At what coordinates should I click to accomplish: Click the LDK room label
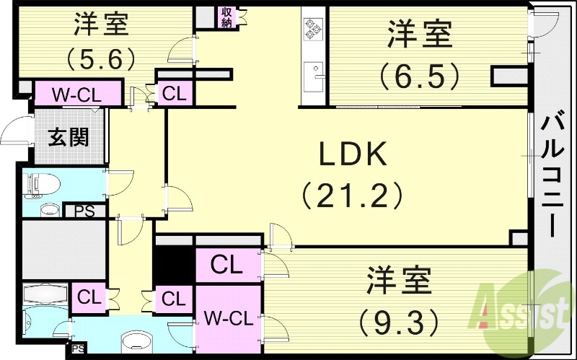click(355, 154)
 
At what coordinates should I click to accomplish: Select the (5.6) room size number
click(101, 57)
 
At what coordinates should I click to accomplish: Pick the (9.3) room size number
click(398, 318)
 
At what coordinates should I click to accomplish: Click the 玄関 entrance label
click(69, 136)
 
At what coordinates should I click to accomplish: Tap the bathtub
click(45, 296)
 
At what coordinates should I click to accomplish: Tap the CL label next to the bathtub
click(89, 297)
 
